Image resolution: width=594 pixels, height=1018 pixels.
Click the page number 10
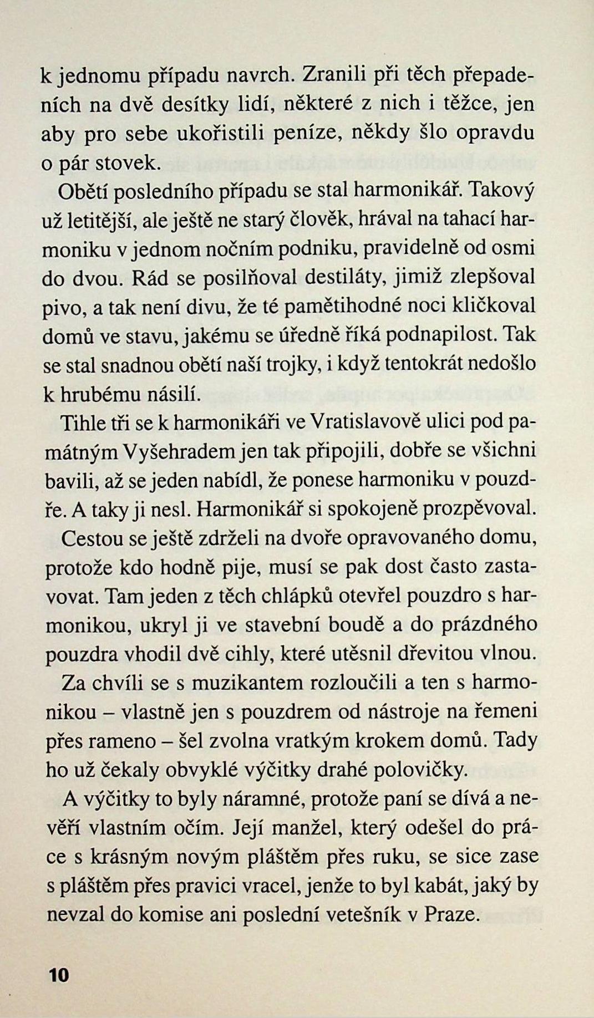tap(58, 974)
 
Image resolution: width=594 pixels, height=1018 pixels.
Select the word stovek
tap(128, 162)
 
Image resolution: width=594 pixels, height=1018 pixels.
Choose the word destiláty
tap(344, 277)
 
